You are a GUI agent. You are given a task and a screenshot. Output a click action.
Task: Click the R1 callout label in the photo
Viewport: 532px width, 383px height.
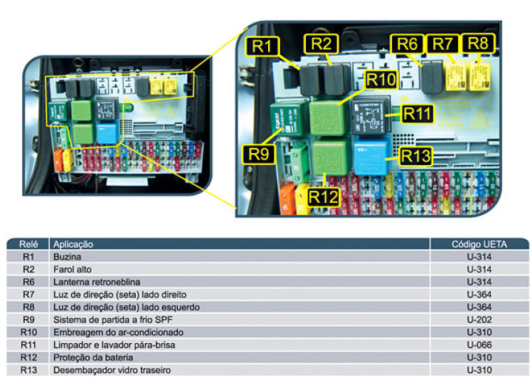pyautogui.click(x=260, y=47)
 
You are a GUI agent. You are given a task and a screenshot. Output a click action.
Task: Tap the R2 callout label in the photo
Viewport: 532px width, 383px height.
pyautogui.click(x=321, y=43)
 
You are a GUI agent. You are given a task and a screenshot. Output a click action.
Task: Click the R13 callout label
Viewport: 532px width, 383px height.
pyautogui.click(x=416, y=154)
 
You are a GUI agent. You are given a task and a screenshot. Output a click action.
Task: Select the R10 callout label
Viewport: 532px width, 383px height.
pyautogui.click(x=381, y=79)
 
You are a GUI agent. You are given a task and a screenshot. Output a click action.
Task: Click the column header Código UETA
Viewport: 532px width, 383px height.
pyautogui.click(x=479, y=244)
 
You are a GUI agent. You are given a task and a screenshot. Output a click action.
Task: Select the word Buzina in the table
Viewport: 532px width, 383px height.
pyautogui.click(x=67, y=256)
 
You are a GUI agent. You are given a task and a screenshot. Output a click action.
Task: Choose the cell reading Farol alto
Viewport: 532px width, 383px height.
pyautogui.click(x=72, y=269)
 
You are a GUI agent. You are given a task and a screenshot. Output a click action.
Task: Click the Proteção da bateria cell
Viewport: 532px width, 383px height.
pyautogui.click(x=89, y=358)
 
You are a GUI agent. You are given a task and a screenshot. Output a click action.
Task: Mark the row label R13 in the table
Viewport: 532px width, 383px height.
pyautogui.click(x=28, y=370)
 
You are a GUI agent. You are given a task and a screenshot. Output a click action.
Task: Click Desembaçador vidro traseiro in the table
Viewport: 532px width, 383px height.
pyautogui.click(x=112, y=370)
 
